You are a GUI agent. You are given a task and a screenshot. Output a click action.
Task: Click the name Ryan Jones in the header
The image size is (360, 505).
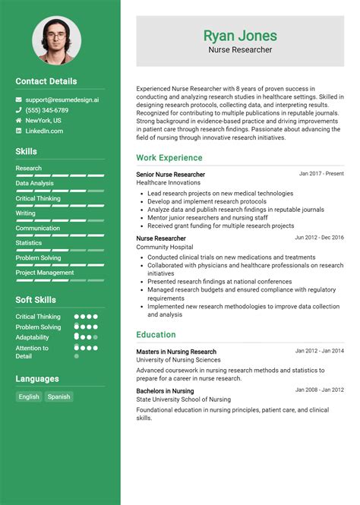240,36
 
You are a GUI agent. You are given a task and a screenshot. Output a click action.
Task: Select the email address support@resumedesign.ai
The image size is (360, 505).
62,99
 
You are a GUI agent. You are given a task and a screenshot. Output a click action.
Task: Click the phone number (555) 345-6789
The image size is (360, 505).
46,110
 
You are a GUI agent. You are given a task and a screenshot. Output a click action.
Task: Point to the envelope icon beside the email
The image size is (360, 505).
19,99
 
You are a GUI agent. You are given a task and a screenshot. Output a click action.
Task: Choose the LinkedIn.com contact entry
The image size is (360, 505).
44,131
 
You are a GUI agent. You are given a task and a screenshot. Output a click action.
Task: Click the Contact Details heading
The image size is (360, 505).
46,81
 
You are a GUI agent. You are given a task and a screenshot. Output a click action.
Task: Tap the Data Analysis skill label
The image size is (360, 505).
34,183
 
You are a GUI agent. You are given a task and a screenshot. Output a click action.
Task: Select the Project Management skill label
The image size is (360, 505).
45,273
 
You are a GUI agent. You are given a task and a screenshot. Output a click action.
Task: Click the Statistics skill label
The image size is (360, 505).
29,243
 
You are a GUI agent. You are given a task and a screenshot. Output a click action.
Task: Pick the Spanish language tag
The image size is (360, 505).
58,396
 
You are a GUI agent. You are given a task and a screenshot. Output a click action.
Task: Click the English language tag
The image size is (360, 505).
29,396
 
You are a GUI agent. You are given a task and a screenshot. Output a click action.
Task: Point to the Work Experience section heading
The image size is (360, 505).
169,158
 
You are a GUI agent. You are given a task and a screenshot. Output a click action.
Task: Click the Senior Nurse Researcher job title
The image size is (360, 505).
170,175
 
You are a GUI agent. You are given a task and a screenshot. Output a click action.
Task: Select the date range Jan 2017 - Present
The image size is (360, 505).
321,174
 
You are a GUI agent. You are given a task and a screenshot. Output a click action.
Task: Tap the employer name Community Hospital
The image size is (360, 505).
166,248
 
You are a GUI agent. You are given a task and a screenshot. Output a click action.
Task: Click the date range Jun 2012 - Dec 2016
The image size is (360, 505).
319,238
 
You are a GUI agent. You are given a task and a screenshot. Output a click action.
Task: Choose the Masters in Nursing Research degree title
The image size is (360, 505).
176,352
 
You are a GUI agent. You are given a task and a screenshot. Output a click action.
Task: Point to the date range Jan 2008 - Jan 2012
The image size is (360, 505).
319,390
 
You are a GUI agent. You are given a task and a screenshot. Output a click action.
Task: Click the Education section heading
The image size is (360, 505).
156,335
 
